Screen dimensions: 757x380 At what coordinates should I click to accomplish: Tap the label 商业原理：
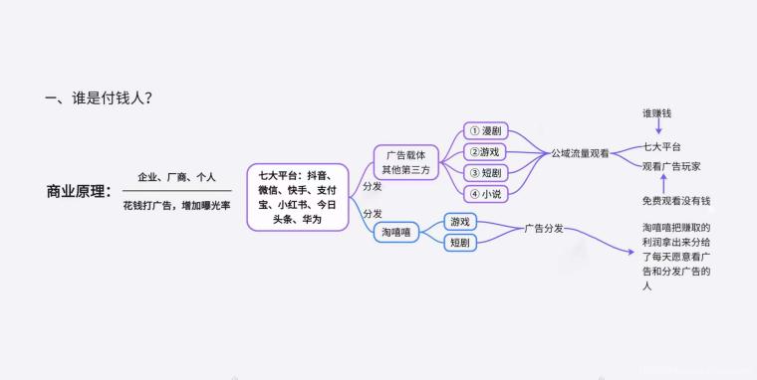point(80,191)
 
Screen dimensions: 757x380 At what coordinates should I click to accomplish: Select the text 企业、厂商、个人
point(176,177)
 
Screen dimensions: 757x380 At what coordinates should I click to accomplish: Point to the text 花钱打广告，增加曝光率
point(176,205)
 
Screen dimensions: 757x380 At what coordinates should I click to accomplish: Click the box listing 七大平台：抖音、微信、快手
point(297,197)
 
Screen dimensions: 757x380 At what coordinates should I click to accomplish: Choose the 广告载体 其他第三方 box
point(406,161)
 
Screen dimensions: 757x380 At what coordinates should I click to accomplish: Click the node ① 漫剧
point(487,131)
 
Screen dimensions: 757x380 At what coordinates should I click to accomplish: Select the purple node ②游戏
point(487,152)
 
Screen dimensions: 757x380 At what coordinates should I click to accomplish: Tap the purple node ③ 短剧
point(487,173)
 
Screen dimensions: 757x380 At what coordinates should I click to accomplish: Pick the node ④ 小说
point(487,193)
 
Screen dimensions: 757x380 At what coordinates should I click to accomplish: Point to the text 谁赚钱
point(658,113)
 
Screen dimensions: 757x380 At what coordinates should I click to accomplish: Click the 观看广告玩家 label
point(671,166)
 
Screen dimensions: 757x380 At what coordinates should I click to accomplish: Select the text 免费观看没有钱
point(675,202)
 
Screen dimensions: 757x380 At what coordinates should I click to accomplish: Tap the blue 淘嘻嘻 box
point(396,232)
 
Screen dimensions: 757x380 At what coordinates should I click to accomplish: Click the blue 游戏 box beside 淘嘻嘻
point(460,221)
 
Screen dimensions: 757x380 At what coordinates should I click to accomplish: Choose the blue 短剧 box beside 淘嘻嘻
point(460,242)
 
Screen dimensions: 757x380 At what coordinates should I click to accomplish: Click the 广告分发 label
point(545,229)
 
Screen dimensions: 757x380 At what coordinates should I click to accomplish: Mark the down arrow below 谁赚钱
point(658,130)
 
